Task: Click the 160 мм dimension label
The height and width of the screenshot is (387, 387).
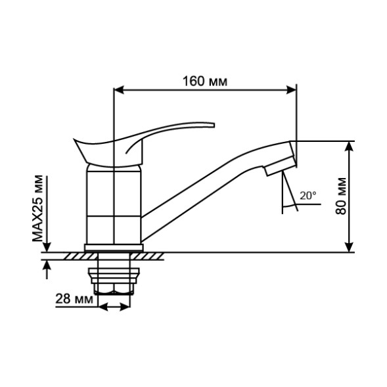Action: point(204,81)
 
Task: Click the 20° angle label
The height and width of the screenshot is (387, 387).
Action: point(307,195)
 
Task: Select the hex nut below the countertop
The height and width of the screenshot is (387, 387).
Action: point(114,288)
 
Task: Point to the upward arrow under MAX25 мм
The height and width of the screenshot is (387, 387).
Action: point(46,265)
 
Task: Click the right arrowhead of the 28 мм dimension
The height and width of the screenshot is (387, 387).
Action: point(124,307)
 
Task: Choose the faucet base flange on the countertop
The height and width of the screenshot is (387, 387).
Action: point(114,247)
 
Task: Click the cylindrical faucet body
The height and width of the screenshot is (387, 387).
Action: point(114,204)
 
